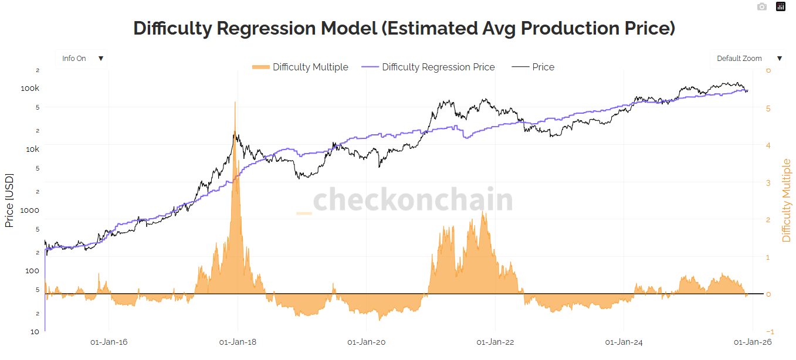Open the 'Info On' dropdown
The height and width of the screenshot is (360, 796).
[83, 59]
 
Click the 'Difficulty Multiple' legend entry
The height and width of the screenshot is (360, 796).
[300, 67]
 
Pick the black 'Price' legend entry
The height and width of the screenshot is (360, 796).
[533, 67]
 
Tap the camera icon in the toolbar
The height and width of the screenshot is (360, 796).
[761, 6]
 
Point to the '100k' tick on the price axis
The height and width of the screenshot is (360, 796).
[30, 89]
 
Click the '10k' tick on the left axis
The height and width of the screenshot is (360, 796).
[32, 149]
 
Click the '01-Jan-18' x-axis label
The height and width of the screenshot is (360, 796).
[238, 342]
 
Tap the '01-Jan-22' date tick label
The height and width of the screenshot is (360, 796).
[495, 342]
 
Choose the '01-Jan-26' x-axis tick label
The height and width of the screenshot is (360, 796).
[753, 342]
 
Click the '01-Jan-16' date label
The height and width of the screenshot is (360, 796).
[109, 342]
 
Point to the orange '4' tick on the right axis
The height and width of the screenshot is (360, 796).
[768, 145]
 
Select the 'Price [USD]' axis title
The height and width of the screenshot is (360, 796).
[9, 200]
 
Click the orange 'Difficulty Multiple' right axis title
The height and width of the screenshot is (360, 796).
[787, 200]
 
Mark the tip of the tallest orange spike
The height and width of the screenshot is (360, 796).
[235, 102]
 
